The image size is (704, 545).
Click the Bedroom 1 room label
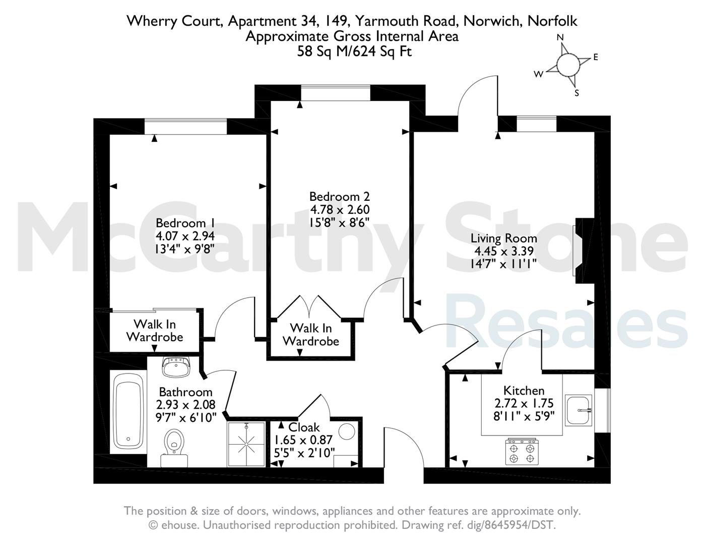(185, 223)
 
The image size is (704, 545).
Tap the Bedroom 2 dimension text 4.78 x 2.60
(340, 209)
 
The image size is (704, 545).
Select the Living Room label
(504, 238)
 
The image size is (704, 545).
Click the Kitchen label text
(524, 390)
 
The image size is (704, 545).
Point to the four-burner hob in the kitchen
(522, 451)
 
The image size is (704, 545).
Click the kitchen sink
(579, 410)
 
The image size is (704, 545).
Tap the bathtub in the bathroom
(129, 412)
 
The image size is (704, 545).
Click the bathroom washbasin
(175, 367)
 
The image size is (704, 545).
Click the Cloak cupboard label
(304, 427)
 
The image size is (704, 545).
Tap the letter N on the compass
(560, 38)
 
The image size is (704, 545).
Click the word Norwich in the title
(492, 21)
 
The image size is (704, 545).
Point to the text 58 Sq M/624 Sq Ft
(354, 51)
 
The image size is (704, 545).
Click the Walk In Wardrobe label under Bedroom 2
(311, 335)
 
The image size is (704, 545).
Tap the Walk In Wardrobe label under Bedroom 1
(155, 330)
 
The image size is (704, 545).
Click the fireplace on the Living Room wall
(583, 251)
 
